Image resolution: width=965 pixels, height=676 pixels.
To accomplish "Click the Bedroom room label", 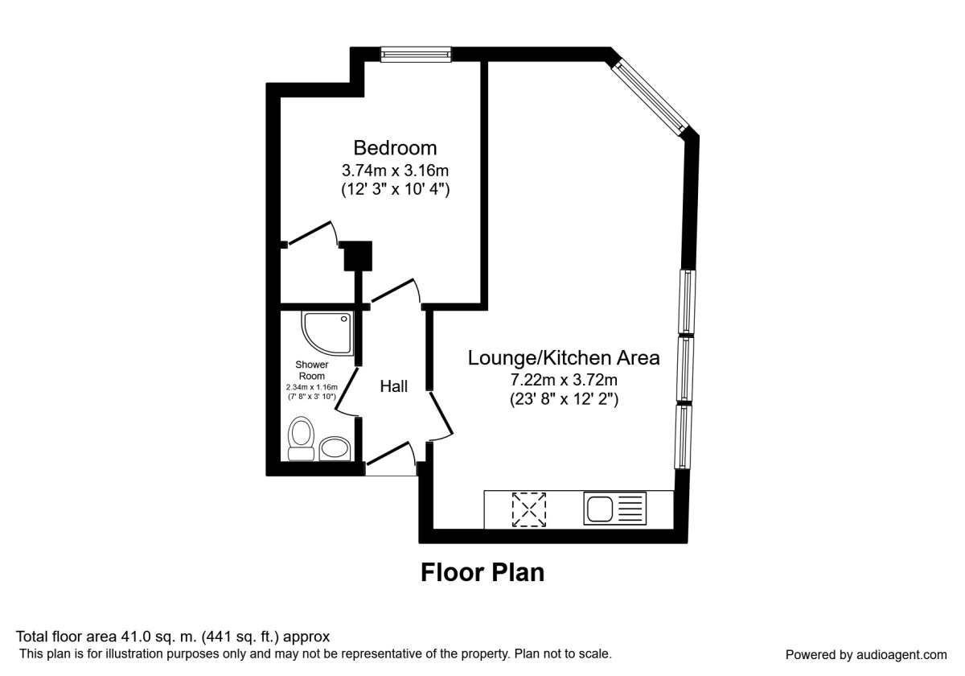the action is [x=395, y=148].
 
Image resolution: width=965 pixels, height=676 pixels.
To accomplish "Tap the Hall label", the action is [x=394, y=386].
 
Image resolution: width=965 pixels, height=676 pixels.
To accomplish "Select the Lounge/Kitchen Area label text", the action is [x=564, y=358].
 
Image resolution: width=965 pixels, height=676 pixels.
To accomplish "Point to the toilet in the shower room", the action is [x=301, y=438].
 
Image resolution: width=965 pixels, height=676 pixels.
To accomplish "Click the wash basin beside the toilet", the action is [x=335, y=448].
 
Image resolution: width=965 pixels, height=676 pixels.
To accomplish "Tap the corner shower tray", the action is [x=327, y=334].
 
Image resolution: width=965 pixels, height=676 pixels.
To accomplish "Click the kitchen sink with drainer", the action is [x=614, y=509].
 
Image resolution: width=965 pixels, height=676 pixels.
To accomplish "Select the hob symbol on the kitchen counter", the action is [x=528, y=509].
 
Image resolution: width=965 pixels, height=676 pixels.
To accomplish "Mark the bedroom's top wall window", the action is [x=416, y=55].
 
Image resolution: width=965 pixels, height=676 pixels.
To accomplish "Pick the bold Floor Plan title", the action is [x=482, y=572].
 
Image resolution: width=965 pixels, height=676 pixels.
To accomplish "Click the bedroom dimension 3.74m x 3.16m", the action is [x=395, y=171].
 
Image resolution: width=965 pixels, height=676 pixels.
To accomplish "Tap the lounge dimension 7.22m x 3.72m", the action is [x=564, y=380].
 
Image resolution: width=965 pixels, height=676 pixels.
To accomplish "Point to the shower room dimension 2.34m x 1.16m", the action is [x=311, y=387].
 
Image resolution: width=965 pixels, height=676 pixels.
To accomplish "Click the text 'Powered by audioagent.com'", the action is [x=866, y=655].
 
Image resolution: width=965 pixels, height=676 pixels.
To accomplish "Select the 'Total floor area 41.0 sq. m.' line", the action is [x=172, y=637].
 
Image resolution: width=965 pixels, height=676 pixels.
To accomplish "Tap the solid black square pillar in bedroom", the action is [x=358, y=256].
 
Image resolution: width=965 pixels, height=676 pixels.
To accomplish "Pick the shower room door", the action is [x=346, y=391].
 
